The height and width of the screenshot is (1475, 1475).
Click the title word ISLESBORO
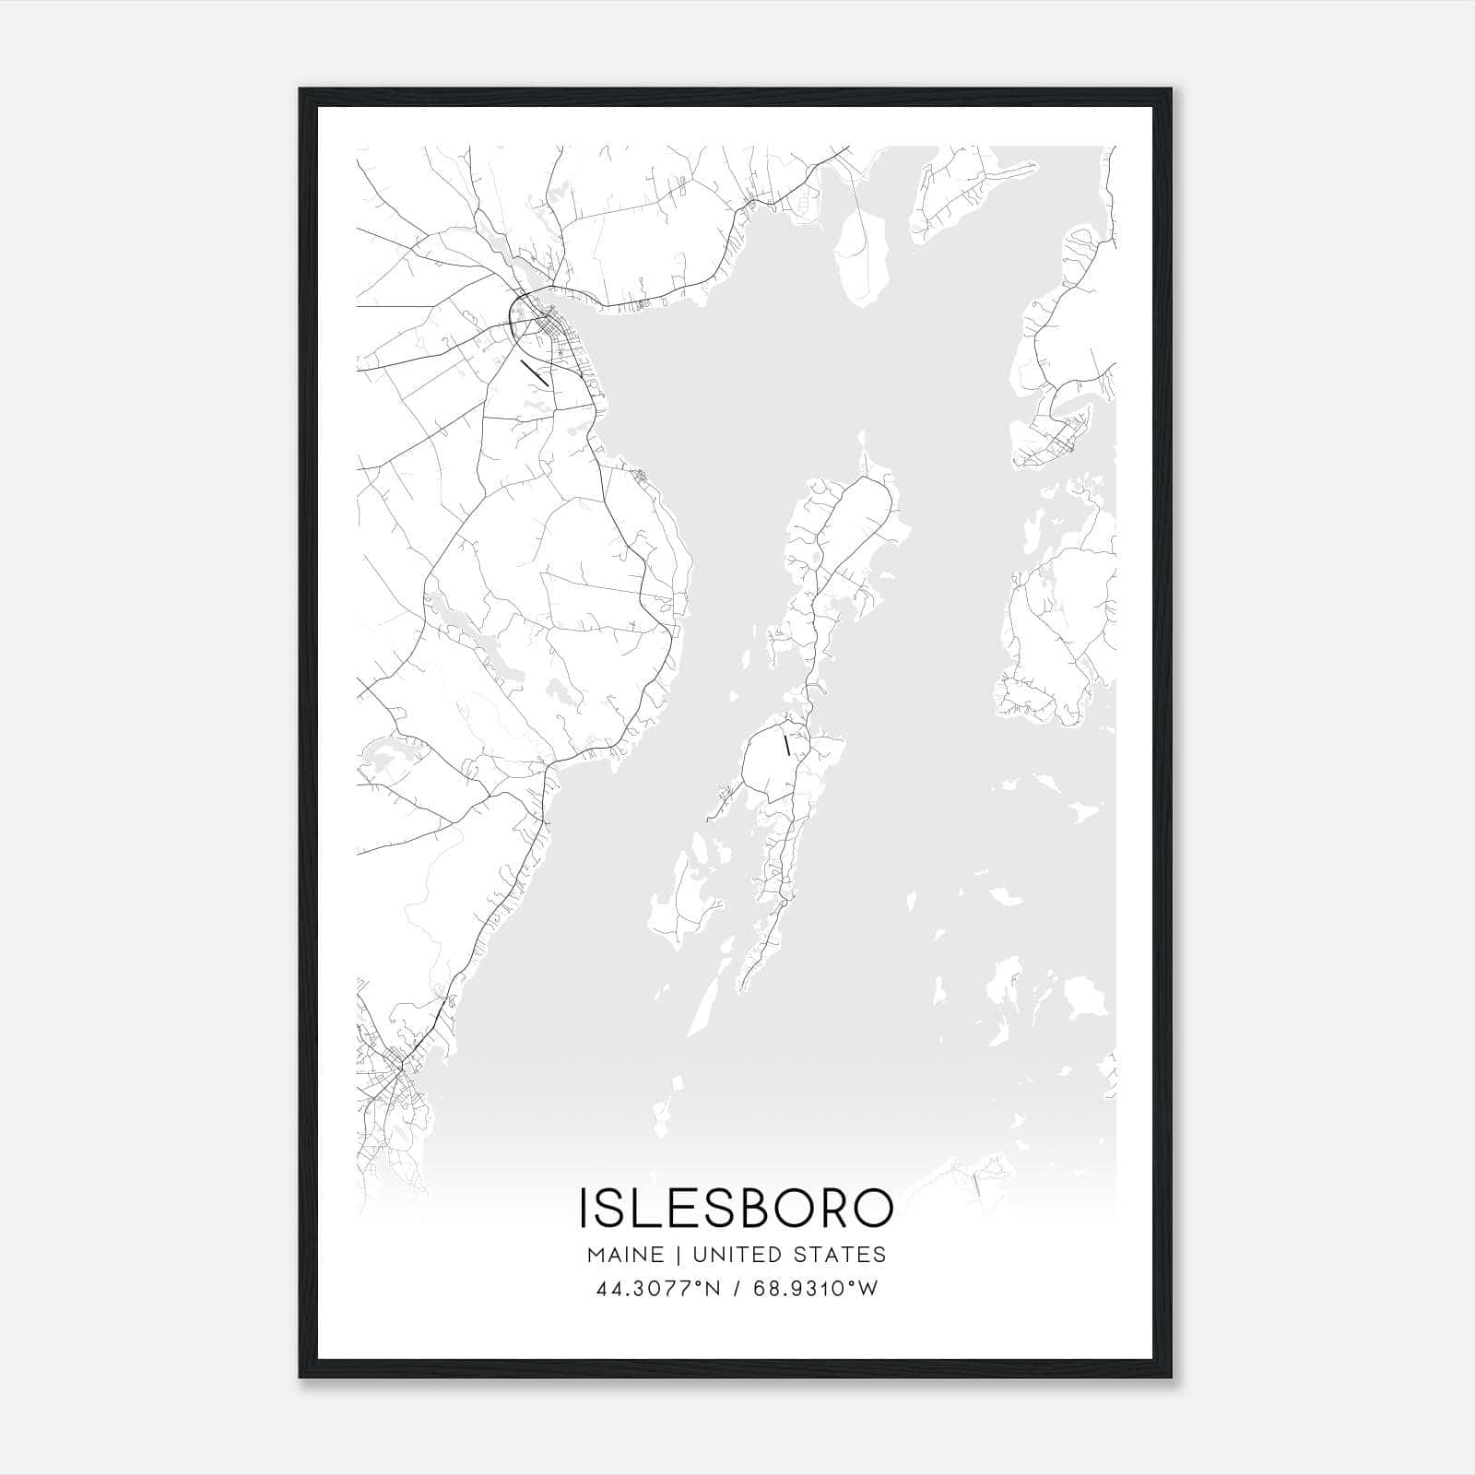[736, 1208]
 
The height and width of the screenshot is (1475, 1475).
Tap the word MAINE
[623, 1255]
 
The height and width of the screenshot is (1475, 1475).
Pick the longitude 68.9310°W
[816, 1289]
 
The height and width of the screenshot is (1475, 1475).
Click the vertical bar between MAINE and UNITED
[678, 1255]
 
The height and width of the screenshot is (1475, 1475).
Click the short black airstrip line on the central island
[786, 745]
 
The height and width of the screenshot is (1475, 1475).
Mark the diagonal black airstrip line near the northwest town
[535, 372]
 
